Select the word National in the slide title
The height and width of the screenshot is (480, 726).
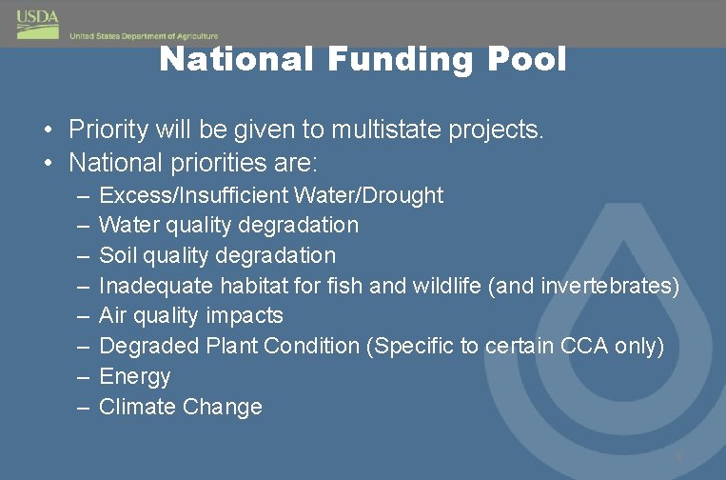point(237,59)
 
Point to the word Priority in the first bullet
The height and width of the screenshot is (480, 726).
point(107,130)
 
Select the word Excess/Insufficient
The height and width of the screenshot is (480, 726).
point(194,195)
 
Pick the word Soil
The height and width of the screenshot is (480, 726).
point(118,255)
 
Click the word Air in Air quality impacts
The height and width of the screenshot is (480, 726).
point(114,315)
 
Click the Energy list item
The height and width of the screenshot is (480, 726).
point(135,377)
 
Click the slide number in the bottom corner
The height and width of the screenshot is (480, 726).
point(679,458)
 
